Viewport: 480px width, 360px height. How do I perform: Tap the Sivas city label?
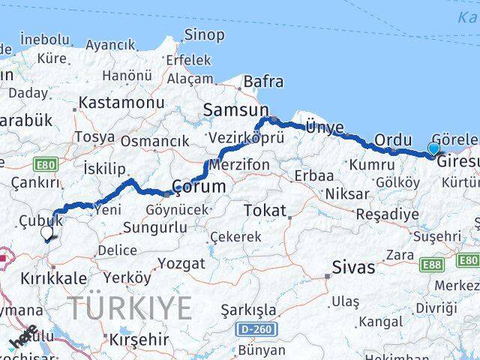353,267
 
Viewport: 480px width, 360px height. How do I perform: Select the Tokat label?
265,211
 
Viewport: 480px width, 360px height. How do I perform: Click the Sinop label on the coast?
204,34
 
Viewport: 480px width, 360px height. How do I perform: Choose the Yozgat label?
180,263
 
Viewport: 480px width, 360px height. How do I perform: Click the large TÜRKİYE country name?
130,307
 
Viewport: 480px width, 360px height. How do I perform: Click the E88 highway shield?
432,264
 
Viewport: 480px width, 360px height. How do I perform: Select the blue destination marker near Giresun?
434,148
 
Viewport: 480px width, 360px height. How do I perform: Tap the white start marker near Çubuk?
46,233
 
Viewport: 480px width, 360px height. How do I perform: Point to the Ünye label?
325,127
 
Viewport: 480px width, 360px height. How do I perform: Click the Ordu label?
394,139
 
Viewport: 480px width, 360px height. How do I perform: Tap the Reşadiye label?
387,214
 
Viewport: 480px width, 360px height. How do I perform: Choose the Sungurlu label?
157,226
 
